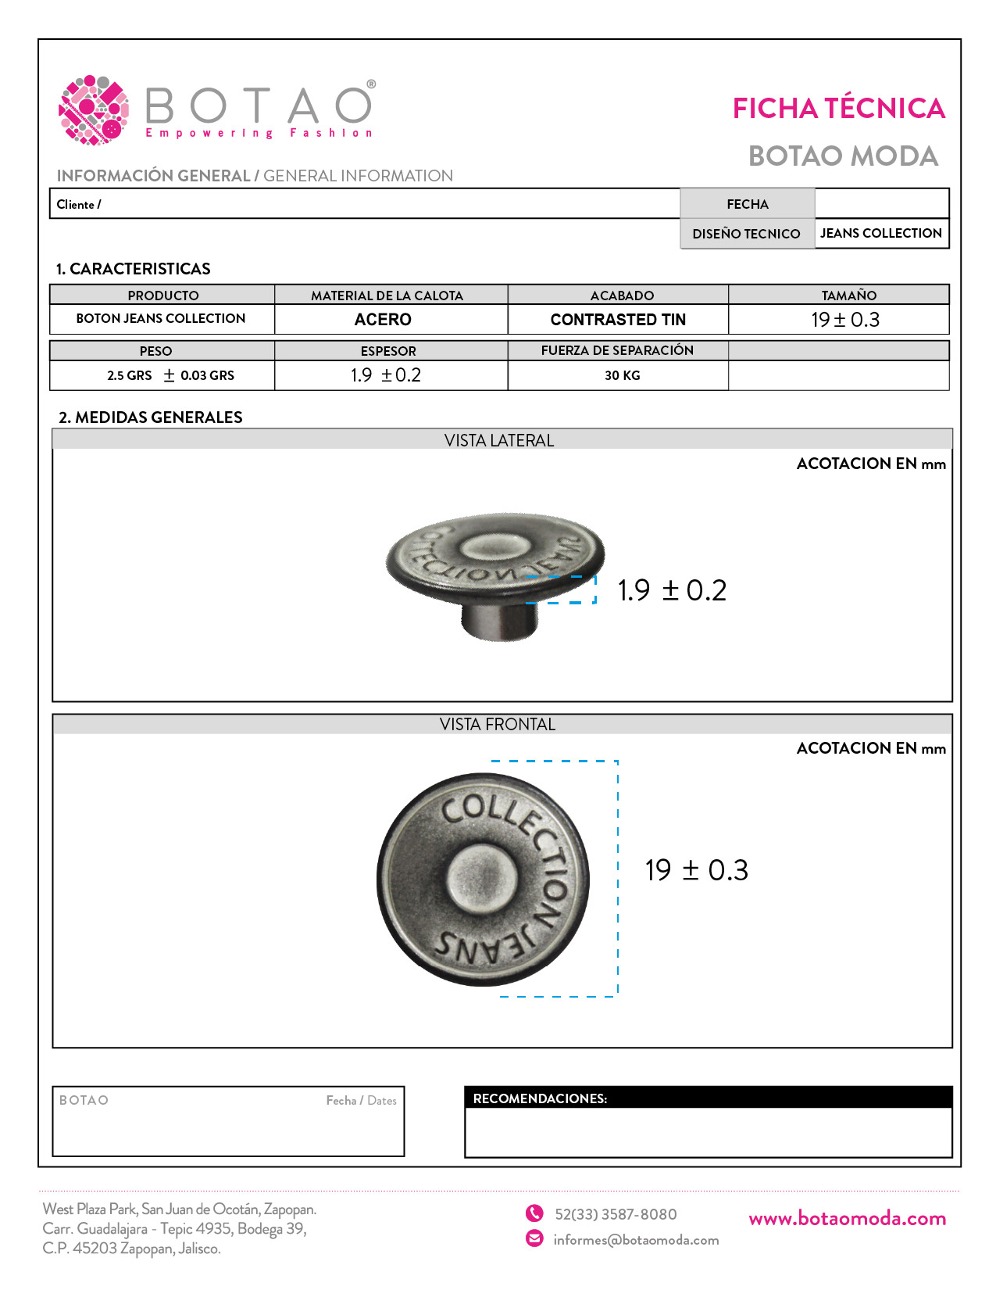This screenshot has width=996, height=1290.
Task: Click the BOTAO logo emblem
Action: tap(94, 109)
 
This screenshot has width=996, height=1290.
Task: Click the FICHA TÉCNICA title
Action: tap(838, 109)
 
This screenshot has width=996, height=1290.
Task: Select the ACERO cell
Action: tap(383, 320)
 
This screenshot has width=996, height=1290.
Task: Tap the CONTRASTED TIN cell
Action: tap(618, 320)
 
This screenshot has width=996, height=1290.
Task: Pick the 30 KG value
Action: tap(622, 375)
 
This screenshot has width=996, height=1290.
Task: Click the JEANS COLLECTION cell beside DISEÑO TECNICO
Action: tap(880, 233)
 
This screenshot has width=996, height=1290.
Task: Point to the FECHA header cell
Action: tap(747, 204)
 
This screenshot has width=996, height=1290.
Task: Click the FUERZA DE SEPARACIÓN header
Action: tap(617, 350)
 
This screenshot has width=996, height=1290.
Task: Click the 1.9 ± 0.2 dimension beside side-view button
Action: tap(672, 590)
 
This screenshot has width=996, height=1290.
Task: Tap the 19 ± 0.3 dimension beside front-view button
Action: tap(696, 870)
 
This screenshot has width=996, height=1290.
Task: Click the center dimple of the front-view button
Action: tap(481, 878)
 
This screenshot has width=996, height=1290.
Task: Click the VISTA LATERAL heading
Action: tap(499, 440)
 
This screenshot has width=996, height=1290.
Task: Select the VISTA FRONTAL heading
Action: tap(498, 725)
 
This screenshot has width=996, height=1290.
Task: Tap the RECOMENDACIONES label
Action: tap(540, 1098)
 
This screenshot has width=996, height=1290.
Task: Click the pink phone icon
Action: tap(534, 1213)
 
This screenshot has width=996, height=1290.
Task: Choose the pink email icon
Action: tap(534, 1238)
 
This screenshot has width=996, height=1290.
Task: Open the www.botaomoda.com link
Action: tap(847, 1218)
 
